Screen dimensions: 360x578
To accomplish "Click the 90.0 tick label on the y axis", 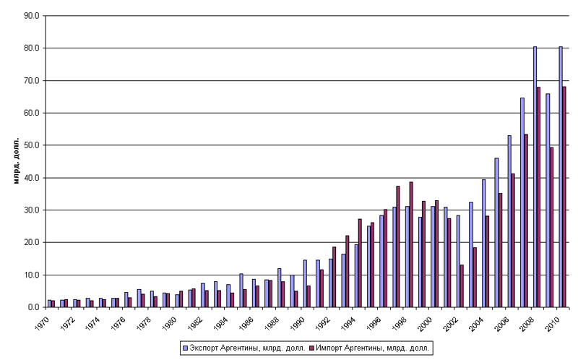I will coord(32,15).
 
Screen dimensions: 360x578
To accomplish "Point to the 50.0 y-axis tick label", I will coord(32,145).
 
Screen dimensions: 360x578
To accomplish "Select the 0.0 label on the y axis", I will coord(34,307).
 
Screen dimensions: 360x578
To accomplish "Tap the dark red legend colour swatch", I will coord(313,348).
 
